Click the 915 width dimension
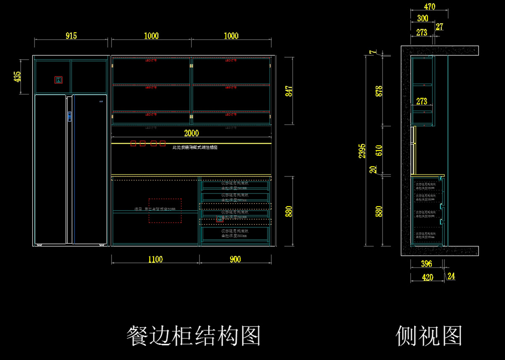click(x=71, y=36)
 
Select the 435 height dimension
click(x=18, y=77)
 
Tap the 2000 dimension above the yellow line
click(x=191, y=133)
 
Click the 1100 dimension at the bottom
click(x=155, y=259)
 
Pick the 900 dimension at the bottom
click(x=236, y=259)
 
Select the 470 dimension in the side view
click(x=429, y=7)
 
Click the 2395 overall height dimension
click(x=362, y=151)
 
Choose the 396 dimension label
click(x=426, y=264)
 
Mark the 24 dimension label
click(x=451, y=276)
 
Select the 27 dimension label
click(x=439, y=27)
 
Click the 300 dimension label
click(x=423, y=19)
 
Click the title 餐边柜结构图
click(x=194, y=336)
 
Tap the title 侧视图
click(x=429, y=336)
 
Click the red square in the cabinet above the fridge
click(x=58, y=80)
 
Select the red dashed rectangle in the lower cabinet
click(x=165, y=211)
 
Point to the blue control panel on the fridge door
click(x=69, y=116)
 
